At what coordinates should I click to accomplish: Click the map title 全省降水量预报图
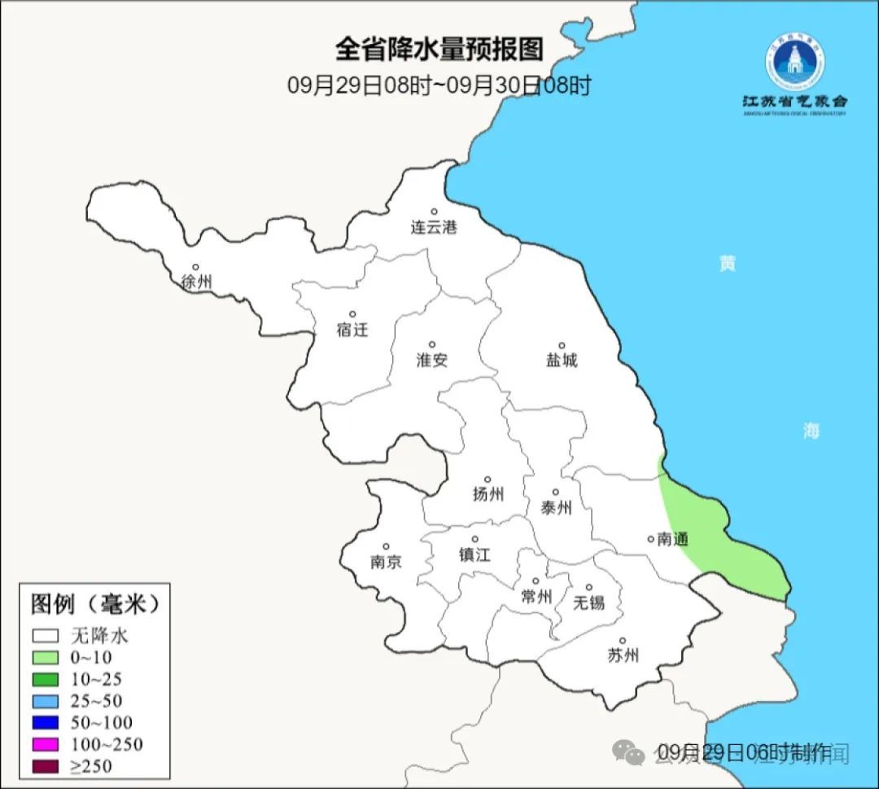[439, 49]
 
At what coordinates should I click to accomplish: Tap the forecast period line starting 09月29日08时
[439, 85]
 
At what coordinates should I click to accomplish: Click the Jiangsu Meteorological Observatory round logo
[794, 59]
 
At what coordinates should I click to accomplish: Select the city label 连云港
[434, 227]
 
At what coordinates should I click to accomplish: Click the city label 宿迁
[352, 330]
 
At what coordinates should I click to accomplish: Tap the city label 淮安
[432, 360]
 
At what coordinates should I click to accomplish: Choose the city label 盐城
[562, 360]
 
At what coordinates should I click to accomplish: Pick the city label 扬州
[488, 493]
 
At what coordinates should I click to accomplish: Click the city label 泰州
[556, 507]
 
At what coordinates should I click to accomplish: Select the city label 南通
[672, 539]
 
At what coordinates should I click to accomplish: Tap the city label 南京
[386, 562]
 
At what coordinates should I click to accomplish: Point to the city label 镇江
[474, 554]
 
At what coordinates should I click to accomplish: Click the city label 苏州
[623, 655]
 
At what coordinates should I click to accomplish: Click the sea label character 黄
[727, 263]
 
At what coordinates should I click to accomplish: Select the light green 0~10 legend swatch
[46, 657]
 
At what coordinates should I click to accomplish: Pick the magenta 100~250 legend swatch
[46, 744]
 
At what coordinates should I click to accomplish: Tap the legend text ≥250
[91, 765]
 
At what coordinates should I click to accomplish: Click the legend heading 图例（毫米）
[94, 604]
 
